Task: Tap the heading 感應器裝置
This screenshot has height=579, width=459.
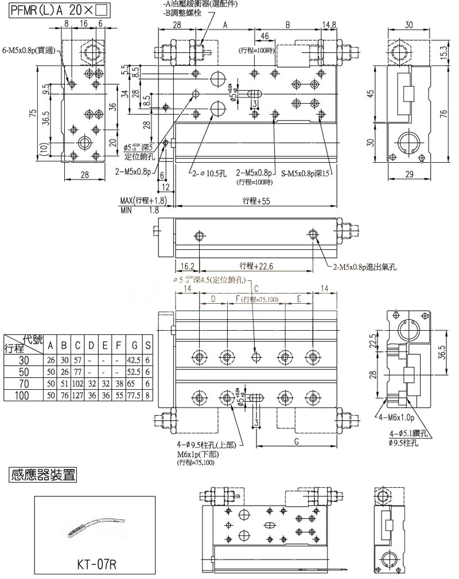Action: (x=43, y=475)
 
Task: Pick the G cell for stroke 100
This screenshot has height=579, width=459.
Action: (x=134, y=396)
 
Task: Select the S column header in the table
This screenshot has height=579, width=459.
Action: (x=149, y=346)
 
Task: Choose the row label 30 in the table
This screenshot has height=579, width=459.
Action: (x=24, y=359)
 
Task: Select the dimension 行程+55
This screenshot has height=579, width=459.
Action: (x=255, y=201)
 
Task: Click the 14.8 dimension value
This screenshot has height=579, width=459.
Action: (x=329, y=25)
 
